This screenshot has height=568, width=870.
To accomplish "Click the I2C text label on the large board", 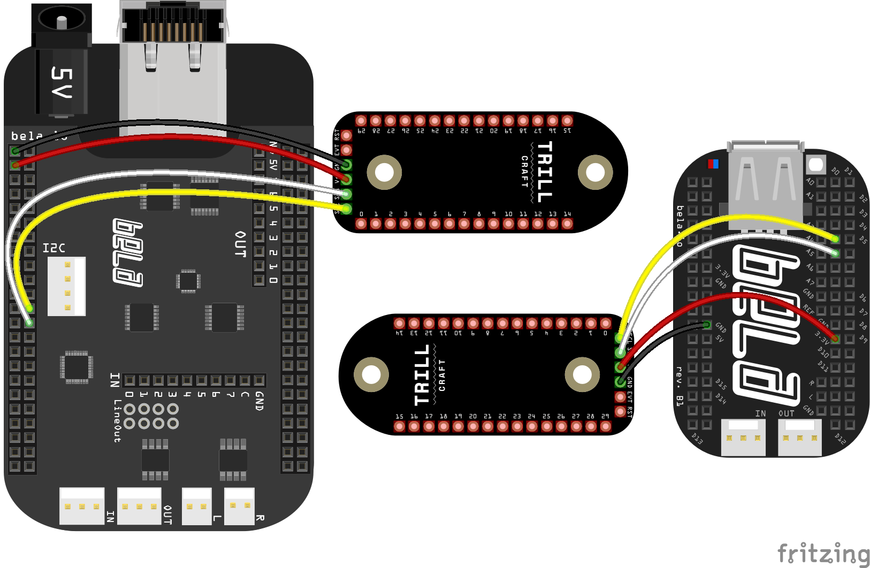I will coord(54,248).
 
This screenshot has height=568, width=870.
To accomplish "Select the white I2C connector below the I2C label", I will coord(66,286).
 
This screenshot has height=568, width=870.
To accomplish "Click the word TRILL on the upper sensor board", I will coord(544,172).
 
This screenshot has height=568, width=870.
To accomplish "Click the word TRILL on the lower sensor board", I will coord(422,374).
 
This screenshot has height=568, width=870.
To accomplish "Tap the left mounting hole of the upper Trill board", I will coord(384,172).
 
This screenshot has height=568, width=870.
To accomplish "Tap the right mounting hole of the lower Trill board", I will coord(582,374).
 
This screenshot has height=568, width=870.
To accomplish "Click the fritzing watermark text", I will coord(823,554).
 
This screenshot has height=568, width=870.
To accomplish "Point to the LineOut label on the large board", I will coord(117,421).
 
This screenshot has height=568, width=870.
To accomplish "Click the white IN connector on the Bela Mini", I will coord(743,437).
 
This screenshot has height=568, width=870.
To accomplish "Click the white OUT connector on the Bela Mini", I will coord(799,437).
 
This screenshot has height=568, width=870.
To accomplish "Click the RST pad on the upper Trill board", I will coord(347,135).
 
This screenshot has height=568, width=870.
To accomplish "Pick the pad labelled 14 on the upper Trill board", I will coord(567,224).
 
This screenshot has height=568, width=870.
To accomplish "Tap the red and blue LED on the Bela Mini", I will coord(713,164).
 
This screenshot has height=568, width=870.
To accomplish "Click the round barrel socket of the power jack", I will coord(62,20).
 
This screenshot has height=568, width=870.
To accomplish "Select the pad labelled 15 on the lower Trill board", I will coord(399,426).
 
